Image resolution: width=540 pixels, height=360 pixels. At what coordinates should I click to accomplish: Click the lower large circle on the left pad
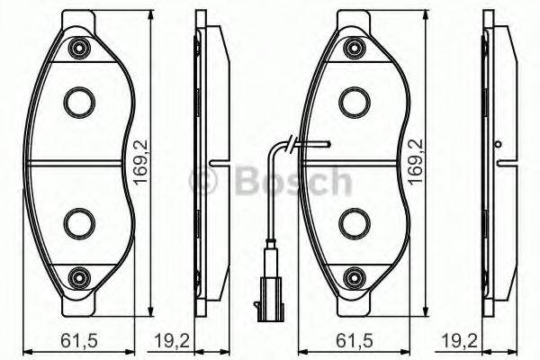pos(79,220)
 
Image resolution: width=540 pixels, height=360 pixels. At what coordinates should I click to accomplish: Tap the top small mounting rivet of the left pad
pos(81,47)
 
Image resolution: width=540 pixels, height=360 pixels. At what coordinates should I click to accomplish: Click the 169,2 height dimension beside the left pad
pos(140,161)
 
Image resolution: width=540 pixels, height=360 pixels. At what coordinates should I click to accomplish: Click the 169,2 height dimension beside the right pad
pos(415,161)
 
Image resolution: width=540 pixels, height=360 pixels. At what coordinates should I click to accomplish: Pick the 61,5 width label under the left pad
pos(74,343)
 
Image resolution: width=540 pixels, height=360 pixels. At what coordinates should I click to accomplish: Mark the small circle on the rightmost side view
pos(497,144)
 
